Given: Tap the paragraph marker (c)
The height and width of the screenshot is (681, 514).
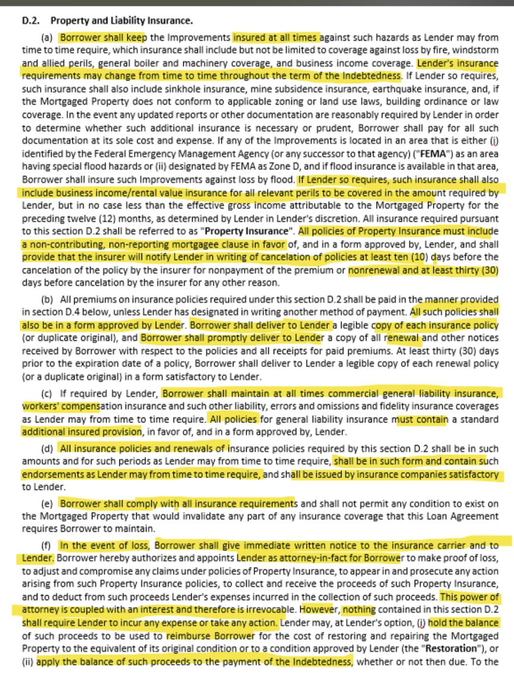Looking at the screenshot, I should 47,394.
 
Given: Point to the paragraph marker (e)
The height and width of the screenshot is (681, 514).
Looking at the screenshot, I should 47,504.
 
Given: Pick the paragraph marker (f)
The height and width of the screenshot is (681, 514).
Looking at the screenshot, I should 46,545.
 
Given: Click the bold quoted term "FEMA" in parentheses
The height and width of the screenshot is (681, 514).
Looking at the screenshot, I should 433,154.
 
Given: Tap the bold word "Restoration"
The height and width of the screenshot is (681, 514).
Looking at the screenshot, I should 452,649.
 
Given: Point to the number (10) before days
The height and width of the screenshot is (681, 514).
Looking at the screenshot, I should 418,257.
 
